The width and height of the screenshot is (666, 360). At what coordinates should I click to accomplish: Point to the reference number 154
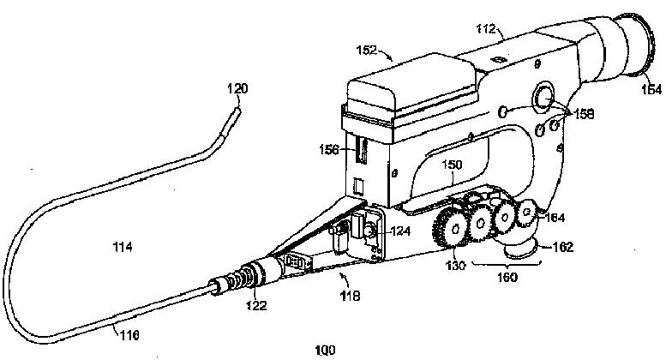650,88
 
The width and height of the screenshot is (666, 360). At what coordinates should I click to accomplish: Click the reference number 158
582,112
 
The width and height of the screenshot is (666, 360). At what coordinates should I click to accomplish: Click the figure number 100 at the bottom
325,350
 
